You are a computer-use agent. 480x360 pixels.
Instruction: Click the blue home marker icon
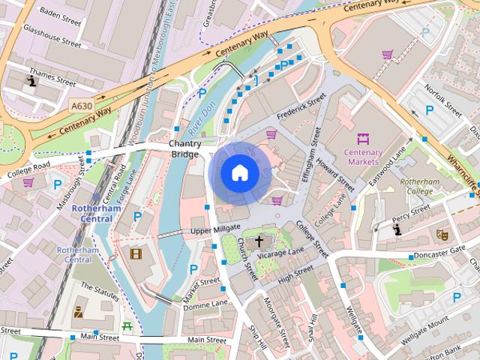pos(239,173)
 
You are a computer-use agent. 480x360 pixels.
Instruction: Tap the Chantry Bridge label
pos(184,148)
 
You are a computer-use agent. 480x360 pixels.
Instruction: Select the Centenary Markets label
pos(363,156)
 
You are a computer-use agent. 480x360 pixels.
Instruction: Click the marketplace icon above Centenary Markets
pos(364,139)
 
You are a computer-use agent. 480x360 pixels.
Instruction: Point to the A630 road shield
pos(82,106)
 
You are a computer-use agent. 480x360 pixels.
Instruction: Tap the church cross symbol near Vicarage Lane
pos(259,241)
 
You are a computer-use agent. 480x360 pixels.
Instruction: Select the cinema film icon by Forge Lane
pos(136,253)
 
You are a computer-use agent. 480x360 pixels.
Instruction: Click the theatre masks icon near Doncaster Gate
pos(442,235)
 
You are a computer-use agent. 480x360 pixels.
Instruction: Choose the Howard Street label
pos(335,173)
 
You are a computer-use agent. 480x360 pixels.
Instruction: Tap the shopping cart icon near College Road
pos(28,182)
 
